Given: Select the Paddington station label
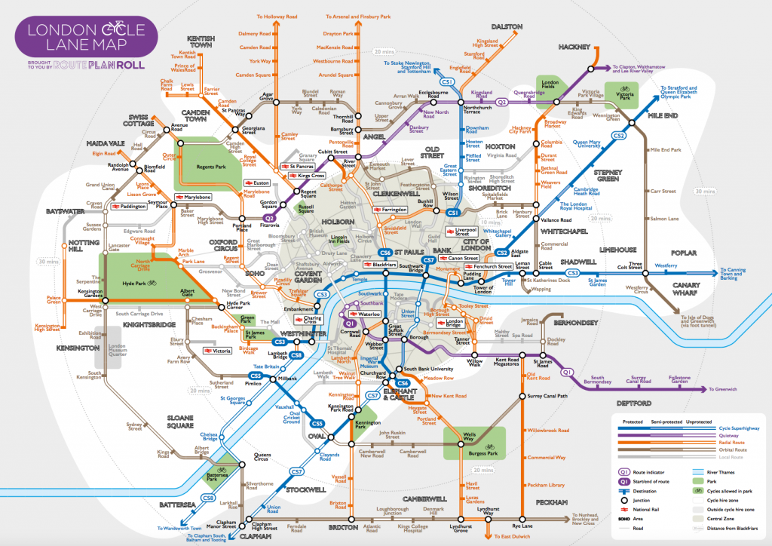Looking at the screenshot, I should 133,205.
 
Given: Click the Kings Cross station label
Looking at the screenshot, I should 299,176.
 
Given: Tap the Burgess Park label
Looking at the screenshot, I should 473,456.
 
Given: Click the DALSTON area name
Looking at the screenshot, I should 507,26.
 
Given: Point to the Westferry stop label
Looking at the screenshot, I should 666,265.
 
